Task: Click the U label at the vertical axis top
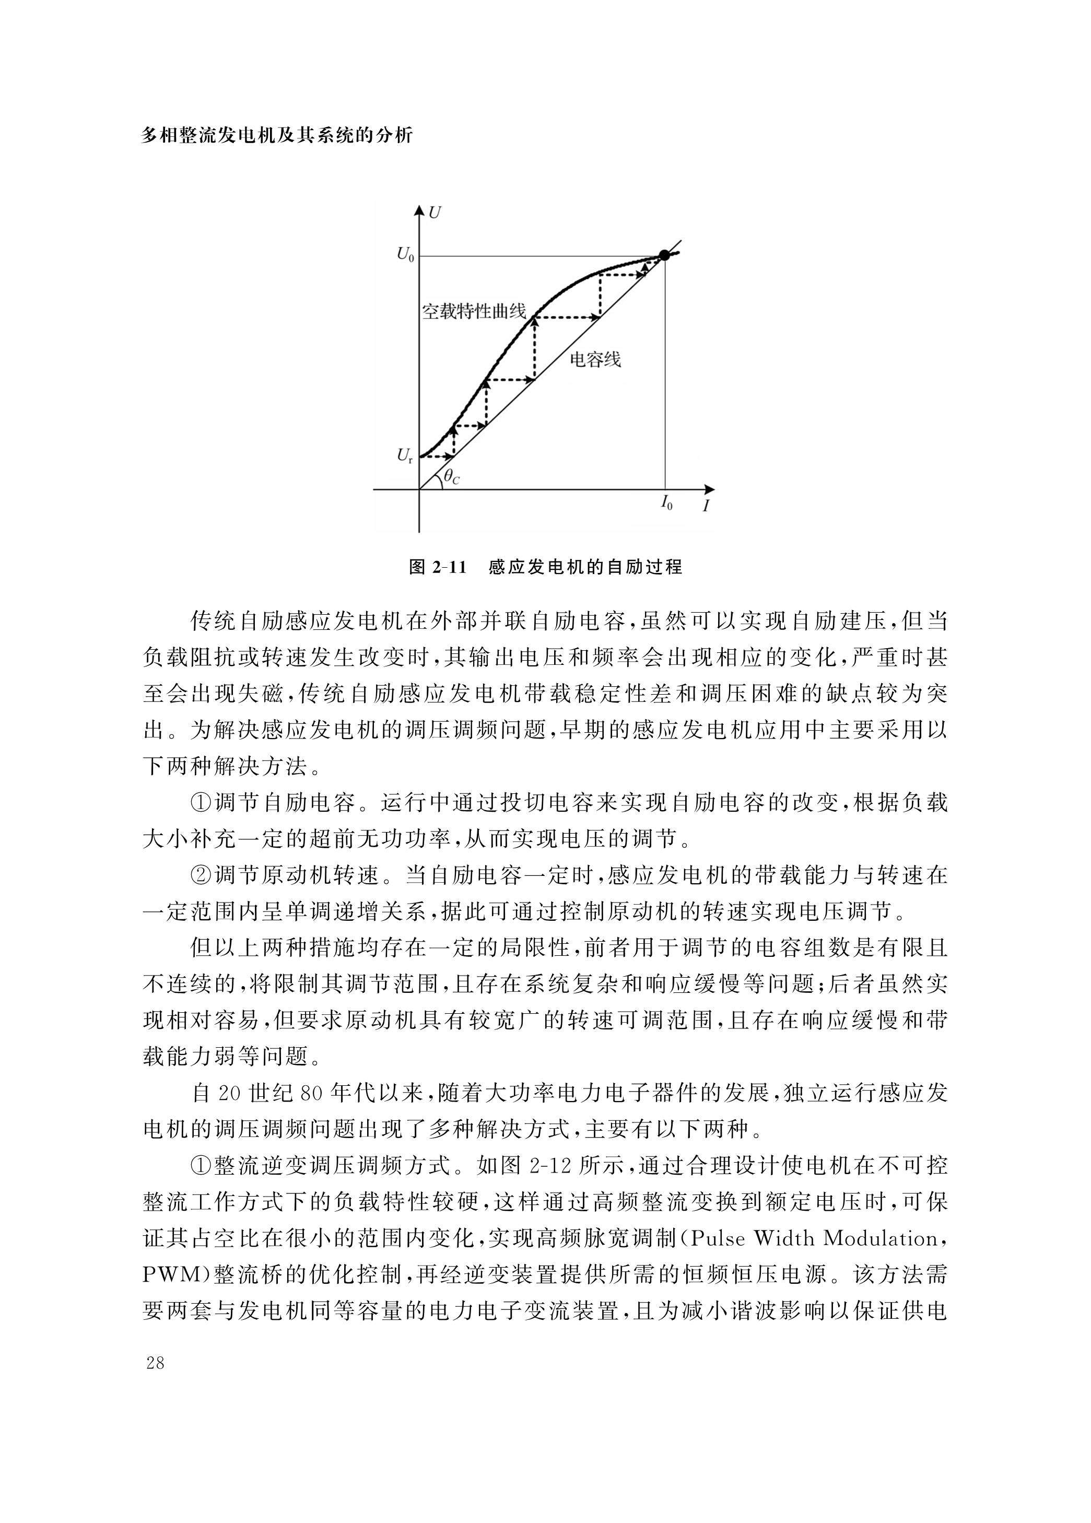(435, 214)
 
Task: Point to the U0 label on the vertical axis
(405, 255)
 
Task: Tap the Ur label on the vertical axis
(404, 456)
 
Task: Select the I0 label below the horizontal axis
(666, 502)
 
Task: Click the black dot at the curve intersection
(664, 255)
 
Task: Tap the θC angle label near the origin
(451, 477)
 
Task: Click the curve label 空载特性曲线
(474, 312)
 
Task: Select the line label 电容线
(595, 360)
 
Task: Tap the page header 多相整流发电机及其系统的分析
(277, 136)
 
